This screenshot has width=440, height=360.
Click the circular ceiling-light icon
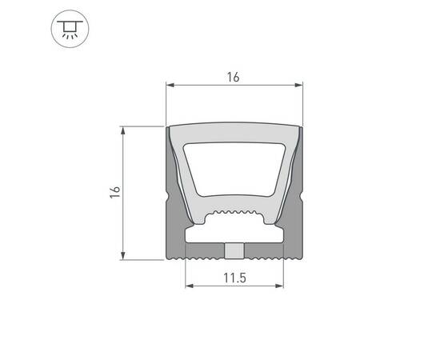pyautogui.click(x=67, y=29)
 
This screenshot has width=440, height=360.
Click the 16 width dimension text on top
pyautogui.click(x=234, y=77)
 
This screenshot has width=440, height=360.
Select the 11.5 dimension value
pyautogui.click(x=234, y=279)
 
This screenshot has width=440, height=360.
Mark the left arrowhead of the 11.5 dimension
pyautogui.click(x=190, y=285)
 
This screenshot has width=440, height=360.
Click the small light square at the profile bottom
pyautogui.click(x=234, y=251)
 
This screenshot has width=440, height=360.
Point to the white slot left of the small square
pyautogui.click(x=205, y=238)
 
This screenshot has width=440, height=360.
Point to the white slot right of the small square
pyautogui.click(x=265, y=238)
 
